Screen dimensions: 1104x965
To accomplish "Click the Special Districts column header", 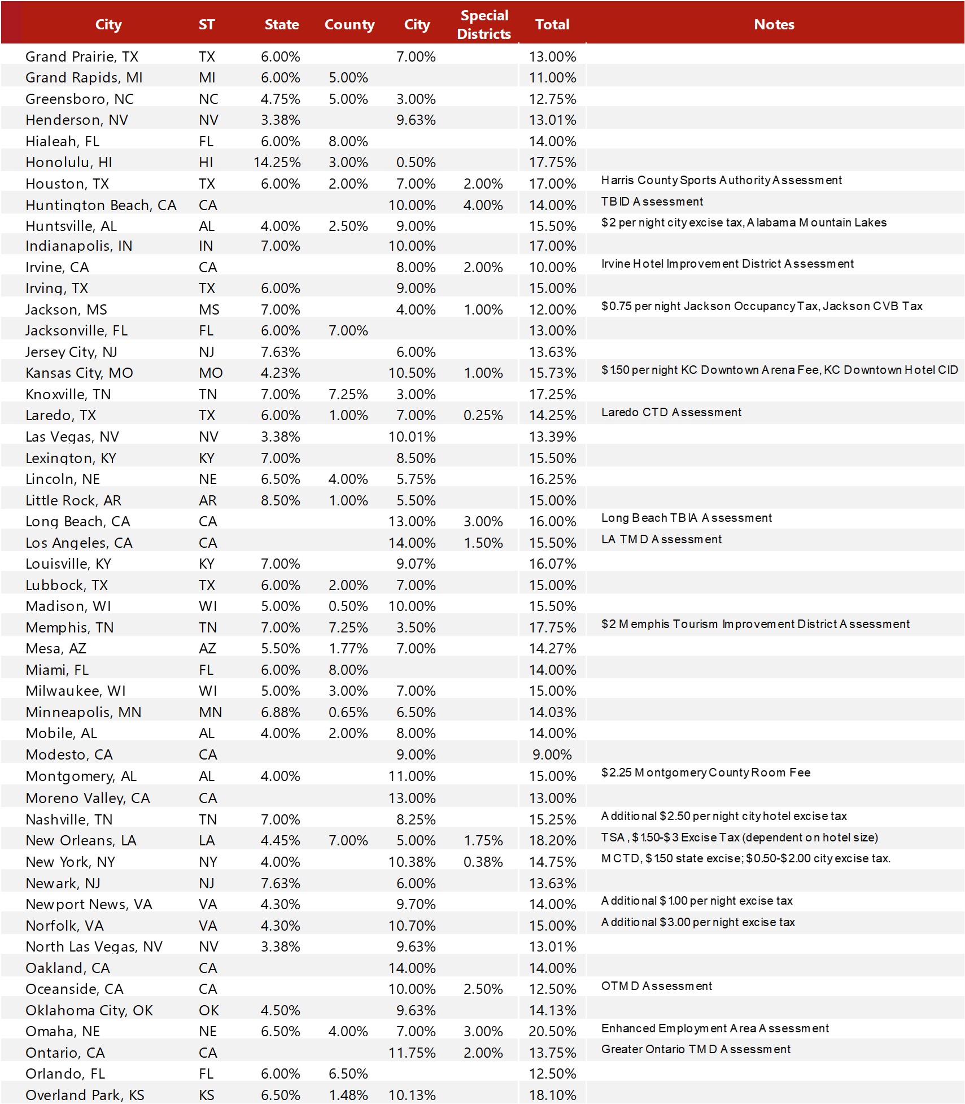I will pyautogui.click(x=484, y=25).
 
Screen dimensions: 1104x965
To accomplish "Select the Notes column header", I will pyautogui.click(x=774, y=25).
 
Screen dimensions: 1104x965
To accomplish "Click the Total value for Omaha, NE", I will pyautogui.click(x=552, y=1031).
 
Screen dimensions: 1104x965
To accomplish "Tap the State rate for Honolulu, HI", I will pyautogui.click(x=277, y=163).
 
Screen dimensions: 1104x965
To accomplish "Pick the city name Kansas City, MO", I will pyautogui.click(x=79, y=373).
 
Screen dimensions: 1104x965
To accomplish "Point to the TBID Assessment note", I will pyautogui.click(x=652, y=202).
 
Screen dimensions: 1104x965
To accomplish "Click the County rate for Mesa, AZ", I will pyautogui.click(x=348, y=649).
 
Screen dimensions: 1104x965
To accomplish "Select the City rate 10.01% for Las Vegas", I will pyautogui.click(x=412, y=437).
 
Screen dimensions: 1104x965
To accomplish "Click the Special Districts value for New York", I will pyautogui.click(x=483, y=862).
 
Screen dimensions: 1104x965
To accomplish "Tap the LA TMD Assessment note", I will pyautogui.click(x=661, y=539).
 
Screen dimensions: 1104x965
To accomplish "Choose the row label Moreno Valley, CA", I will pyautogui.click(x=88, y=798).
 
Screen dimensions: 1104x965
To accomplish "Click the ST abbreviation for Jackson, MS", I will pyautogui.click(x=209, y=310).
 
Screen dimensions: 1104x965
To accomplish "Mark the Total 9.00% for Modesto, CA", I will pyautogui.click(x=552, y=755).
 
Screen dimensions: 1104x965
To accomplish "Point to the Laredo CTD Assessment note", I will pyautogui.click(x=671, y=412).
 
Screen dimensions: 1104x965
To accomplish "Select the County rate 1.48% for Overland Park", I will pyautogui.click(x=348, y=1095).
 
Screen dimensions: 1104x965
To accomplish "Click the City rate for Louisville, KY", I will pyautogui.click(x=416, y=564).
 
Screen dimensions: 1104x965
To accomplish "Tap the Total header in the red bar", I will pyautogui.click(x=552, y=25).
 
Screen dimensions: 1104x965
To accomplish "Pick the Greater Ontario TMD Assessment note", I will pyautogui.click(x=695, y=1049).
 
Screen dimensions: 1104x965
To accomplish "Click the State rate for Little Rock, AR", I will pyautogui.click(x=280, y=501).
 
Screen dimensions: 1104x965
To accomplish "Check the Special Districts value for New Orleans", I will pyautogui.click(x=483, y=841).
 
